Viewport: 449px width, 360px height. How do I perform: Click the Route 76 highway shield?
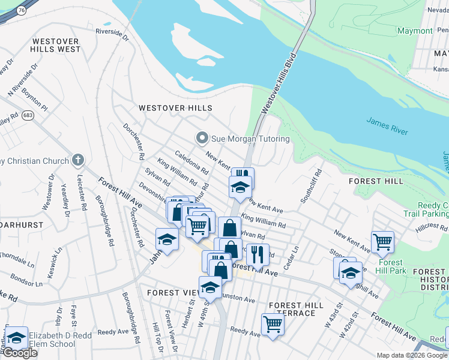coord(22,10)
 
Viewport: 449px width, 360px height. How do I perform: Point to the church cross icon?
coord(76,160)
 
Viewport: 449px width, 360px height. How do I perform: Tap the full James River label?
coord(387,127)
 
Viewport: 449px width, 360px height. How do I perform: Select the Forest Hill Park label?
coord(392,266)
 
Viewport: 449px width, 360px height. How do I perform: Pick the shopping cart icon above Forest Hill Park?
coord(382,242)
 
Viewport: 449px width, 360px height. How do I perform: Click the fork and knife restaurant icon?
coord(258,254)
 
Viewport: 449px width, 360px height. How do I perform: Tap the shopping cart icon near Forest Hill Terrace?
coord(273,324)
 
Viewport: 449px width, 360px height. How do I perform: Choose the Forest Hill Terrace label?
coord(297,309)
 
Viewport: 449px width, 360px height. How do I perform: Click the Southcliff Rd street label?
coord(312,186)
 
